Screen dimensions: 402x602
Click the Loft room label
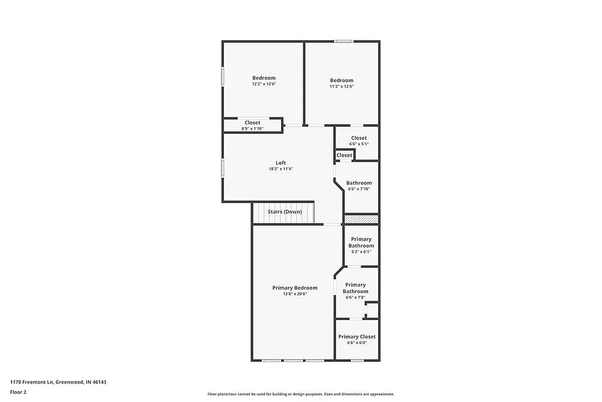click(x=281, y=163)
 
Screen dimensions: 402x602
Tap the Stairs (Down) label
click(x=285, y=212)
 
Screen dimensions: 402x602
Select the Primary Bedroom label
click(x=294, y=288)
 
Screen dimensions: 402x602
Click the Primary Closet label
click(x=356, y=337)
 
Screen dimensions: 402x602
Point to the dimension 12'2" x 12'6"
click(x=264, y=84)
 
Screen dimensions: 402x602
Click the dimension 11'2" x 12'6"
click(x=341, y=87)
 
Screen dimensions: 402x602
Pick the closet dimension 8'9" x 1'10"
click(x=252, y=128)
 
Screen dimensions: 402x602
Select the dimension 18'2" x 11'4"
click(x=281, y=169)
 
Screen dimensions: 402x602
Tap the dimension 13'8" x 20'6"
click(x=294, y=294)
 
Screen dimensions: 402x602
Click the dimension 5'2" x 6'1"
click(x=361, y=252)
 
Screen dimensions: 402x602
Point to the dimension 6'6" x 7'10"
click(x=359, y=189)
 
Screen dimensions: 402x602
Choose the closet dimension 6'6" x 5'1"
click(x=359, y=144)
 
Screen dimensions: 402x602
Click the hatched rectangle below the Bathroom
click(x=361, y=219)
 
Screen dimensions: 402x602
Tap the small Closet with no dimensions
click(x=344, y=155)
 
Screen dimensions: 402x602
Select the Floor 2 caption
click(x=18, y=392)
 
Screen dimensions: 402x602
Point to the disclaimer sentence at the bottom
click(x=301, y=394)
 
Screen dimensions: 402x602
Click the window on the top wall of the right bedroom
click(x=344, y=41)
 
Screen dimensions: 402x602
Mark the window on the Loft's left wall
click(x=223, y=168)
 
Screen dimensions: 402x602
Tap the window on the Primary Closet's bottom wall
click(x=357, y=360)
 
